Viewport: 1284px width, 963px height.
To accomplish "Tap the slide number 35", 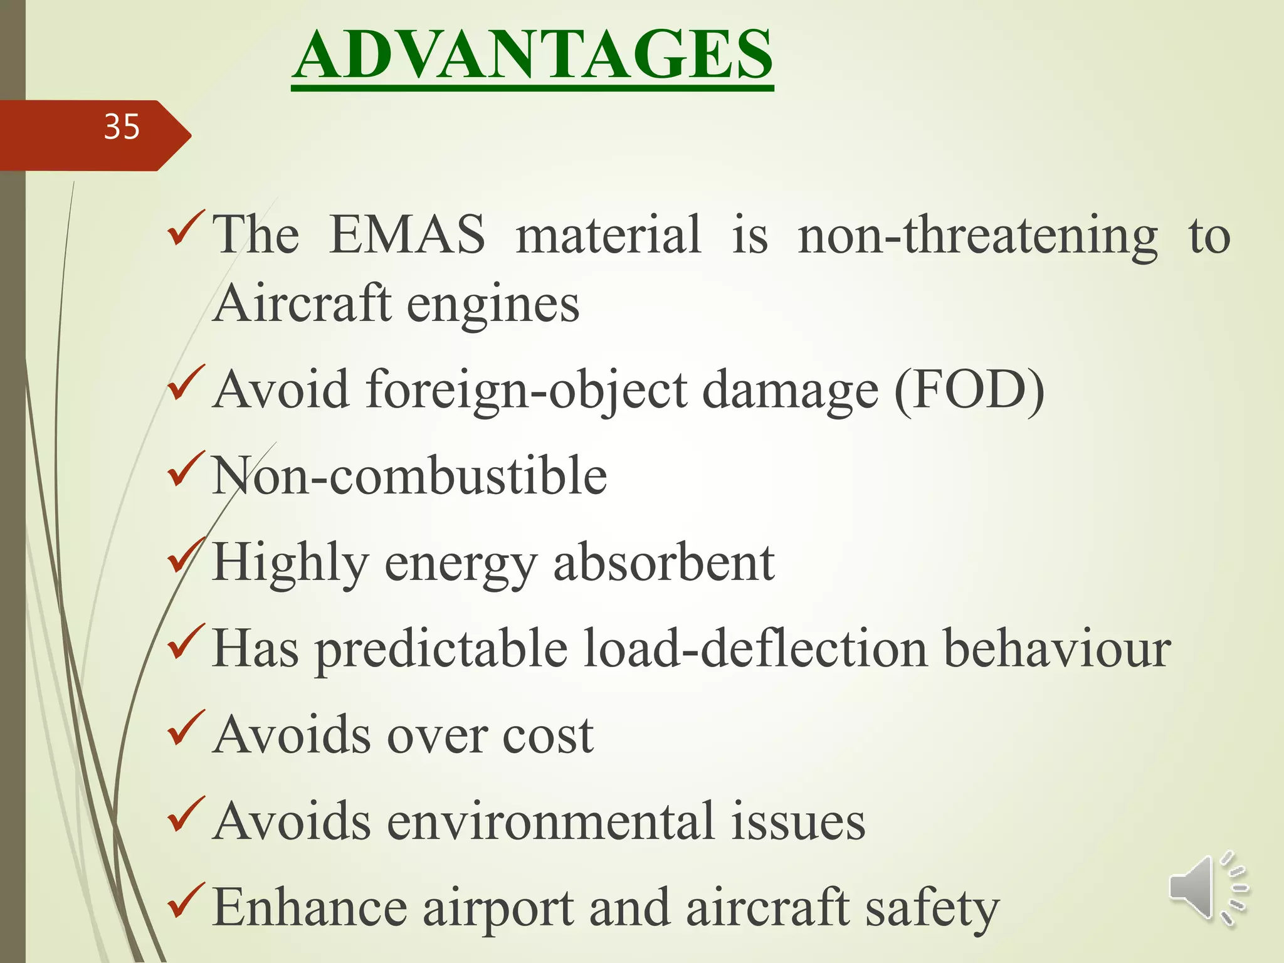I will [x=122, y=127].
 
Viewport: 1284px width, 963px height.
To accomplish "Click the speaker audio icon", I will [x=1208, y=888].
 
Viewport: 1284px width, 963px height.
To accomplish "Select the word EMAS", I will [x=407, y=234].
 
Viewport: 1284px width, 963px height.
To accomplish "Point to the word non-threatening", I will [x=977, y=236].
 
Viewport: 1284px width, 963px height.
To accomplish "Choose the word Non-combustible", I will [x=409, y=476].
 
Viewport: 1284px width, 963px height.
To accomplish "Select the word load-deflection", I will [x=755, y=648].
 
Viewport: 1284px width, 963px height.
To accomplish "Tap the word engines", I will [x=493, y=305].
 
